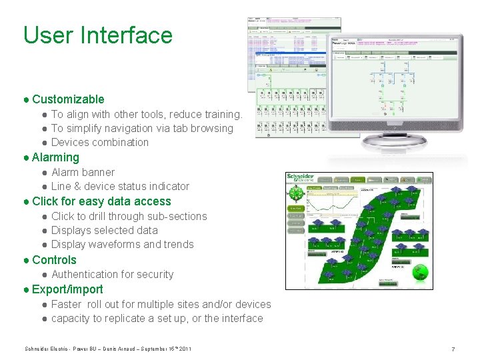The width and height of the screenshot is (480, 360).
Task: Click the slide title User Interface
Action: coord(97,35)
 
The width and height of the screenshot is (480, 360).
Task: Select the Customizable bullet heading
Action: coord(68,99)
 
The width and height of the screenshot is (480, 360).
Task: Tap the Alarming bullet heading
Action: coord(55,157)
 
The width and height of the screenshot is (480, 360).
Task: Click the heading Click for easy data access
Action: coord(101,201)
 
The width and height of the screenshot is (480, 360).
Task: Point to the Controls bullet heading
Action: coord(54,260)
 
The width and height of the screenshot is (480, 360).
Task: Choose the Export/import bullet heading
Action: coord(67,289)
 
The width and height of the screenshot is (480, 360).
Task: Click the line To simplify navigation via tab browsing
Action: coord(142,128)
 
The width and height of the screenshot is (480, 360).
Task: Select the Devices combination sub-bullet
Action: coord(100,142)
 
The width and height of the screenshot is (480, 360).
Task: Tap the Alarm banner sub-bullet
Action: coord(83,172)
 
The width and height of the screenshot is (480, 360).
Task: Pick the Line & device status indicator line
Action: coord(120,186)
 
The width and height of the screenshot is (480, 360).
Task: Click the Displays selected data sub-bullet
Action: coord(105,230)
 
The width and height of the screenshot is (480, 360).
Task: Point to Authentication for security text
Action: coord(112,274)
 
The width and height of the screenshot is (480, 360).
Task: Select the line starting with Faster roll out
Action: coord(161,304)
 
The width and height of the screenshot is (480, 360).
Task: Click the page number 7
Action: coord(453,349)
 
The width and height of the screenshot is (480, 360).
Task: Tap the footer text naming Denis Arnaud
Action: coord(108,349)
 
